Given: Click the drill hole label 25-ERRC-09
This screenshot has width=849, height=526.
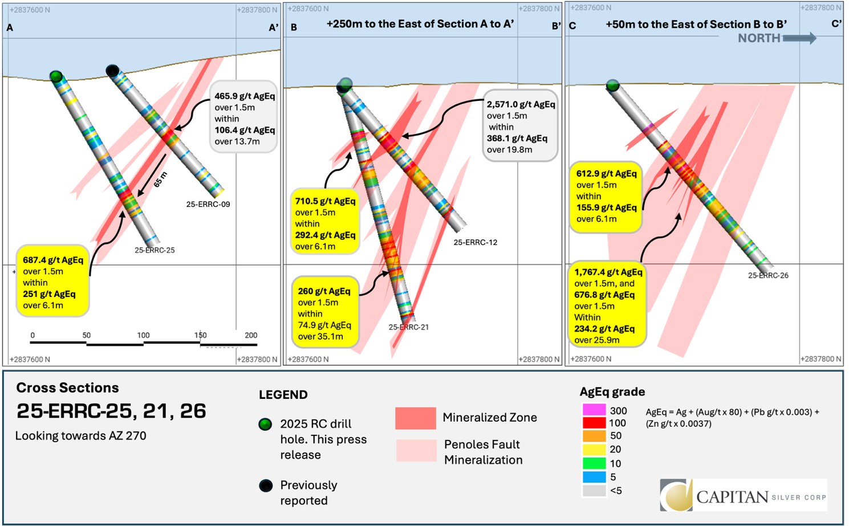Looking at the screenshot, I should tap(208, 204).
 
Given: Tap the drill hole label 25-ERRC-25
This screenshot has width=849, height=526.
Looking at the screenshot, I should tap(155, 250).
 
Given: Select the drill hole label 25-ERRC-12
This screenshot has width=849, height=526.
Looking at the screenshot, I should tap(475, 242).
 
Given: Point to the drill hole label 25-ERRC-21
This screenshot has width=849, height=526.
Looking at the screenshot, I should tap(408, 327).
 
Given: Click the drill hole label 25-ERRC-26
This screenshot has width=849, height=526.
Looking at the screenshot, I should tap(768, 275).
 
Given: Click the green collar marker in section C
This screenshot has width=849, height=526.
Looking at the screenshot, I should tap(612, 85).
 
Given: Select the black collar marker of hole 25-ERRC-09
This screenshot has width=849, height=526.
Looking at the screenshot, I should tap(112, 71).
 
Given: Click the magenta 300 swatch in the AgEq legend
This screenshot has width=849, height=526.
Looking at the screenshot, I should tap(594, 410).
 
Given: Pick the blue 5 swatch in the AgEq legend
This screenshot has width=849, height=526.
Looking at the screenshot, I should tap(594, 477).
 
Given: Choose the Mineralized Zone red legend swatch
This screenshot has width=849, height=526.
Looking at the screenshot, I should tap(415, 418).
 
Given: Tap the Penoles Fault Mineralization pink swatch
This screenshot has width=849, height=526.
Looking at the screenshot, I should tap(416, 450).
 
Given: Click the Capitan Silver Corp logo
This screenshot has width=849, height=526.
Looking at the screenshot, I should tap(743, 495).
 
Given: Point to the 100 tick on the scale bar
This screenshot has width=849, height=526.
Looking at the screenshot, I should tap(143, 335).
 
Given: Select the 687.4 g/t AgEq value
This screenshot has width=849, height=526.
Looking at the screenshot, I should tap(53, 260).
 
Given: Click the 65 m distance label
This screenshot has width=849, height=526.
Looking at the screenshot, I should tap(161, 179).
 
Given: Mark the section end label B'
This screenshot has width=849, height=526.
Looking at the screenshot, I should tap(556, 26).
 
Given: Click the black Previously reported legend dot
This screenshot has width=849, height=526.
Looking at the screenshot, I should tap(266, 486).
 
